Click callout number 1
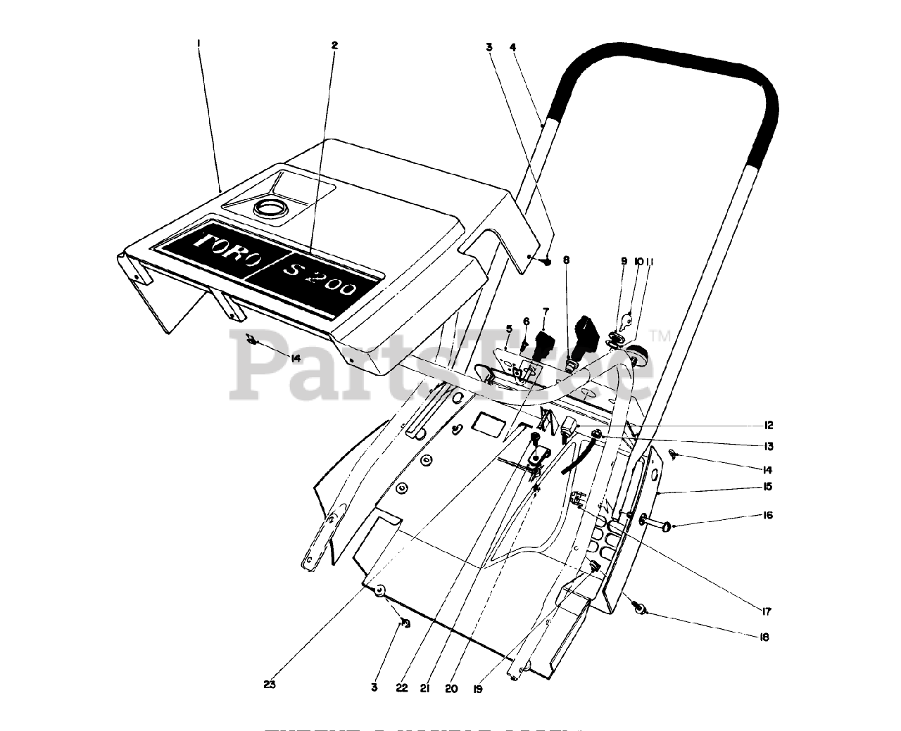(199, 43)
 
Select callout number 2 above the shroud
(334, 45)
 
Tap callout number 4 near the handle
(513, 47)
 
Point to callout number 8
(566, 260)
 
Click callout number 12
(769, 425)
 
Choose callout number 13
(769, 446)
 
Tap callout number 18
(764, 637)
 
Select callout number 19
(478, 689)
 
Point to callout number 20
(451, 689)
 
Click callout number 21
(425, 689)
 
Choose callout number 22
(401, 689)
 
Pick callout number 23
(271, 683)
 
